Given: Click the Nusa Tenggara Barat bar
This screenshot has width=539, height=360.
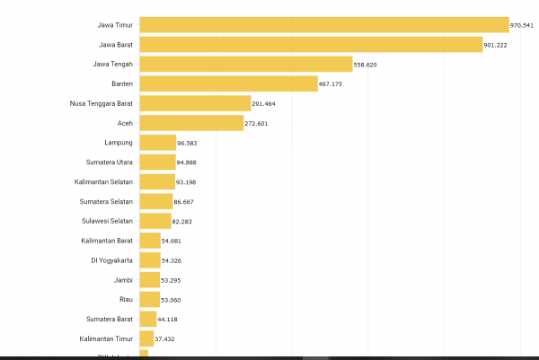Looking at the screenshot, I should point(194,103).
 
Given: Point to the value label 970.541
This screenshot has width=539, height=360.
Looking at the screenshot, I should point(522,25).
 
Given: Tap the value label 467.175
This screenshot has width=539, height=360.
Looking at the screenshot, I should point(331,84).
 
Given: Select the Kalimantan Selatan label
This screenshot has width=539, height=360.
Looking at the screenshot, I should point(104,182).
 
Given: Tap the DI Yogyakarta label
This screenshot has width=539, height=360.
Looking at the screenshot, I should point(111,260).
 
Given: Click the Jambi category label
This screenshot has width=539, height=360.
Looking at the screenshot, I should point(125,280).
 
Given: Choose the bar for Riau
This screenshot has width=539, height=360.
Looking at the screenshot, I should point(149,299).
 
